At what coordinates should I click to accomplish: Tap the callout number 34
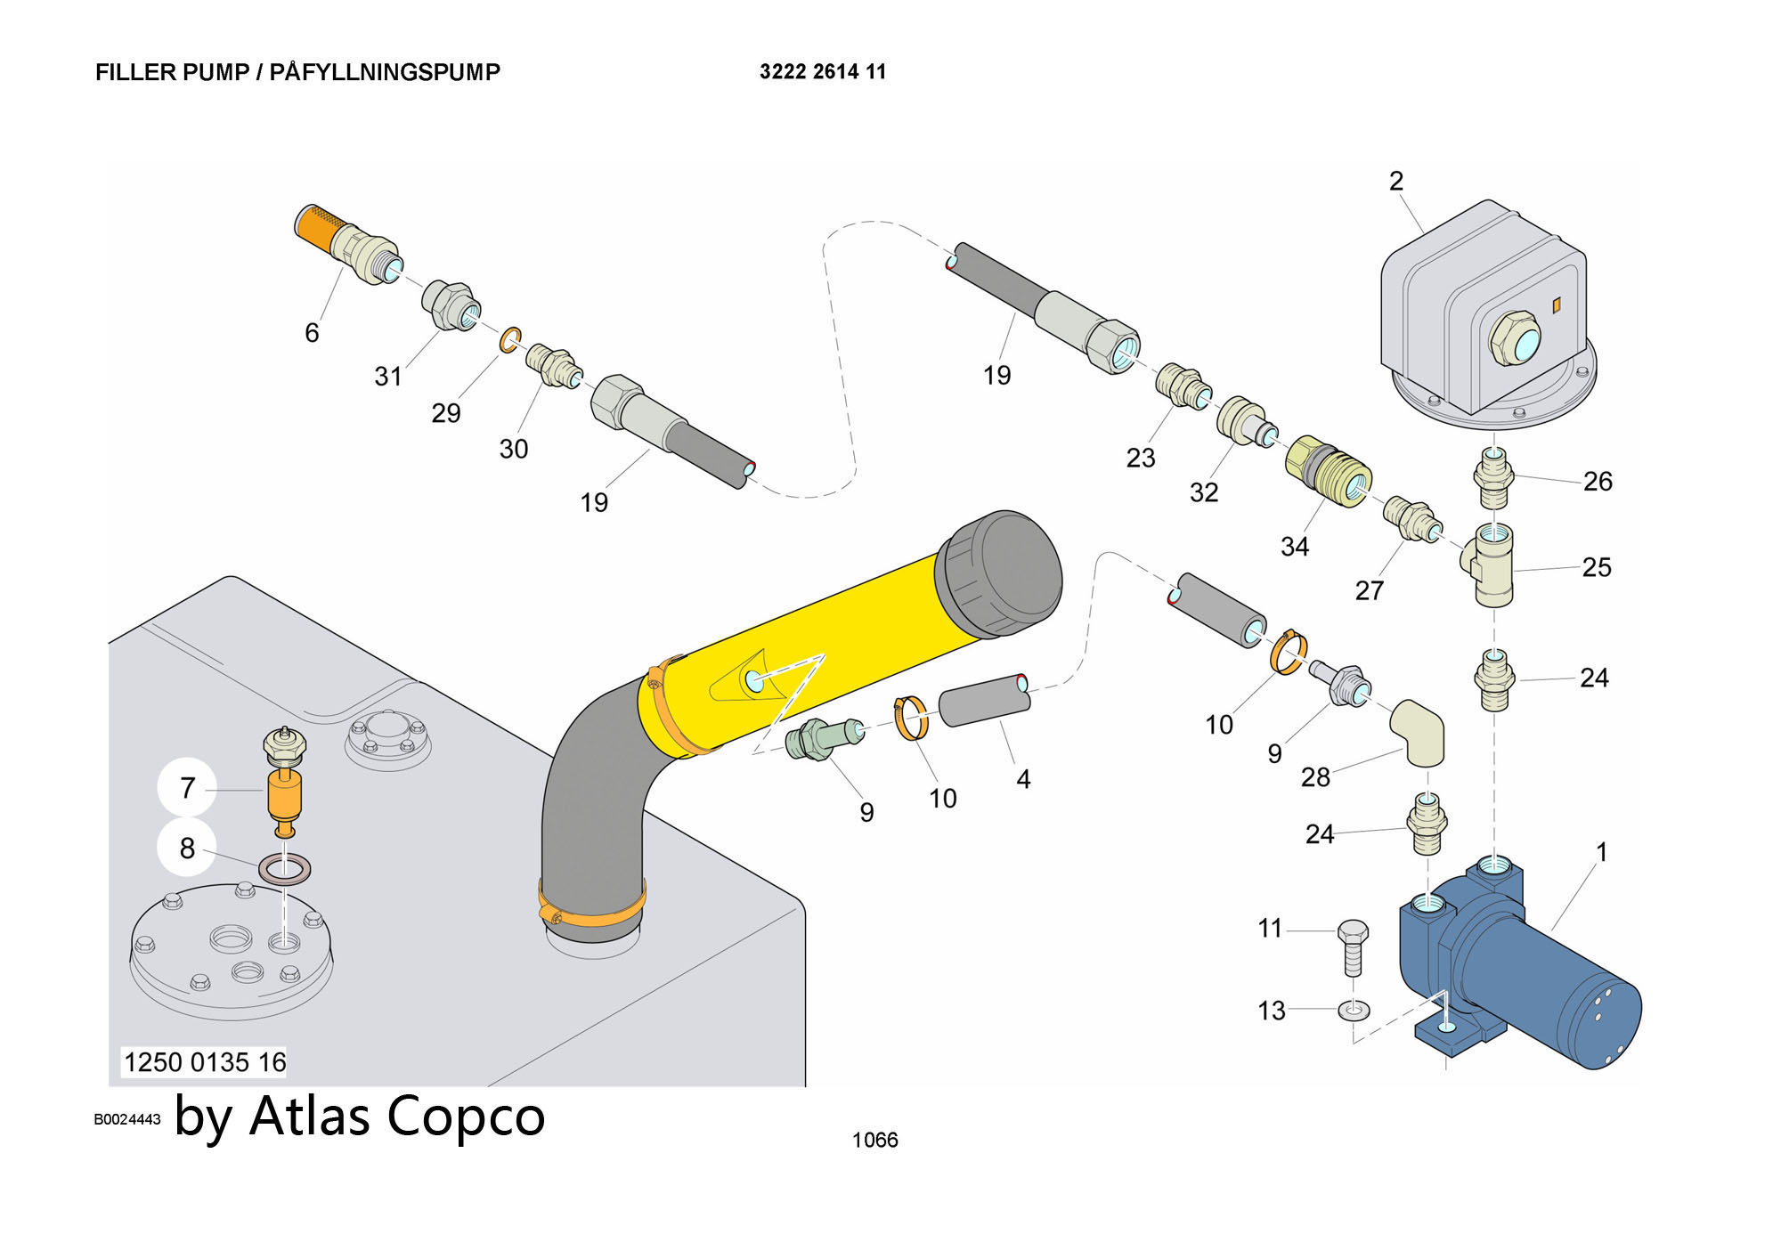tap(1294, 547)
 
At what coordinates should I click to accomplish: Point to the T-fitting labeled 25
tap(1493, 565)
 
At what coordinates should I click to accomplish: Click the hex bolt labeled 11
tap(1353, 947)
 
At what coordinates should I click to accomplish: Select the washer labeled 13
tap(1354, 1011)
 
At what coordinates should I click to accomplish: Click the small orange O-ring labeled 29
tap(510, 339)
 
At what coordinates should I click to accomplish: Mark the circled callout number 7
tap(187, 788)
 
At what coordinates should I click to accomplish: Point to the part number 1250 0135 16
tap(205, 1062)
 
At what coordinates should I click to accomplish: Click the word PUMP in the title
tap(216, 72)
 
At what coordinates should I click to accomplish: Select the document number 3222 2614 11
tap(822, 72)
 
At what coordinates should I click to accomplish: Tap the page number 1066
tap(874, 1141)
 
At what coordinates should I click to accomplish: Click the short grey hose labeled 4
tap(985, 702)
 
